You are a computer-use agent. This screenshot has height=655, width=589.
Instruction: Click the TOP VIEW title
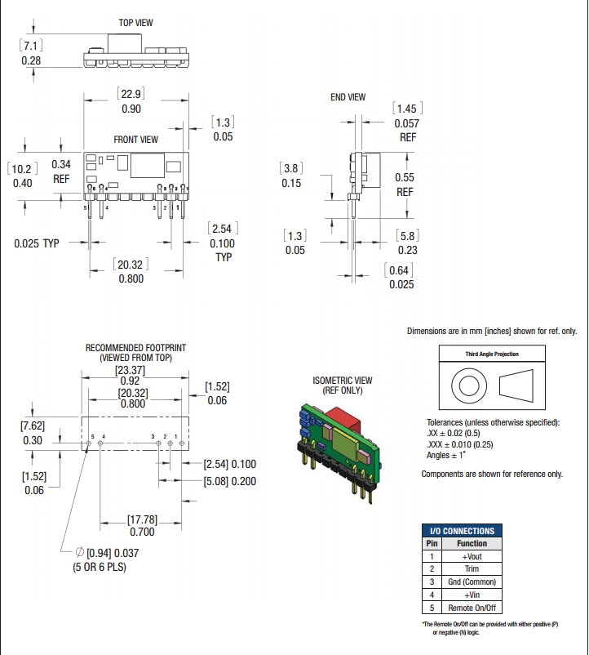pyautogui.click(x=136, y=23)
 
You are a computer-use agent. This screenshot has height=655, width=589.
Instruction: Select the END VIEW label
pyautogui.click(x=348, y=97)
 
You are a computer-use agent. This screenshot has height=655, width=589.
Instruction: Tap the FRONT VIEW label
pyautogui.click(x=136, y=140)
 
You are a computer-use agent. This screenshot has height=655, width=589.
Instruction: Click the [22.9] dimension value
pyautogui.click(x=131, y=94)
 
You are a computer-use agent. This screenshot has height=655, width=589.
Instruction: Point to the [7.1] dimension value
pyautogui.click(x=31, y=46)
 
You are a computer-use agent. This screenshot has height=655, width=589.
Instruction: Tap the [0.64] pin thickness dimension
pyautogui.click(x=401, y=270)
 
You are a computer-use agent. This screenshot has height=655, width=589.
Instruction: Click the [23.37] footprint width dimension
pyautogui.click(x=131, y=368)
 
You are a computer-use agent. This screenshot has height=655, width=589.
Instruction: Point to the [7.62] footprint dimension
pyautogui.click(x=33, y=426)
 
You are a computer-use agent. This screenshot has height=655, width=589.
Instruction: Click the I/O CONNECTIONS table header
pyautogui.click(x=463, y=531)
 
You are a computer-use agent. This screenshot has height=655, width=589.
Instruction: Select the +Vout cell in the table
pyautogui.click(x=472, y=555)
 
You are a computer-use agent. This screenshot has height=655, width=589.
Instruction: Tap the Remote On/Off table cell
pyautogui.click(x=472, y=608)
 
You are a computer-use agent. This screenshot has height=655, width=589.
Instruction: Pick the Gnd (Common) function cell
pyautogui.click(x=472, y=581)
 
